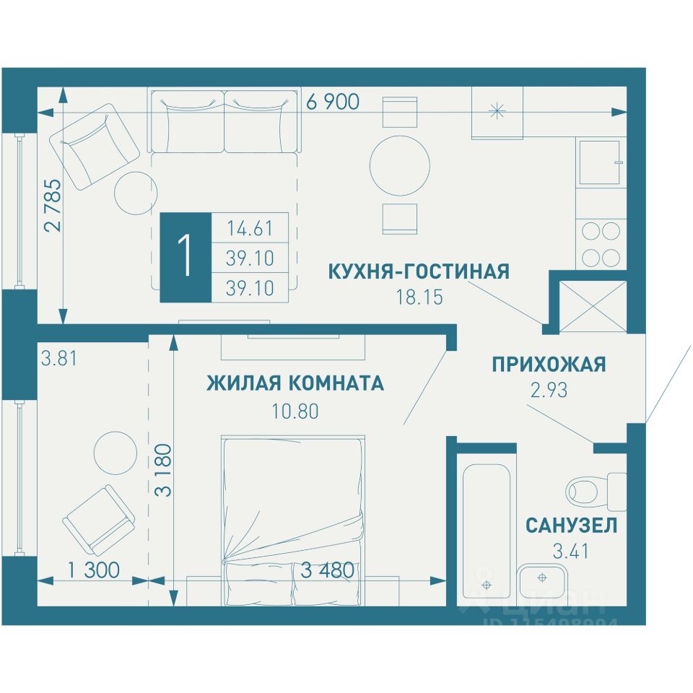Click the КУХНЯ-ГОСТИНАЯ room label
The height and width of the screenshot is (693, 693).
tap(419, 271)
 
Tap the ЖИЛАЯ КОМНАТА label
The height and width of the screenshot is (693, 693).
tap(295, 383)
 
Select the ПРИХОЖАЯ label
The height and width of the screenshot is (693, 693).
tap(549, 365)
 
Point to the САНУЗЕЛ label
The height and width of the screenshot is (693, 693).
tap(571, 525)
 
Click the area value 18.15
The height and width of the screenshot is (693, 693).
tap(419, 296)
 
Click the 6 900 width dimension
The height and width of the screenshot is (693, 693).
tap(333, 103)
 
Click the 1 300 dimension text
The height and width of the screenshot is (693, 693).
tap(93, 570)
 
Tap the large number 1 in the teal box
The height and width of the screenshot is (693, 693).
tap(185, 257)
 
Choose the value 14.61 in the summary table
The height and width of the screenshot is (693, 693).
tap(250, 229)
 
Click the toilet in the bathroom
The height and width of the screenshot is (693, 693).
tap(596, 491)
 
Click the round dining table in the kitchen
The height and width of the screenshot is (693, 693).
tap(400, 166)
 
